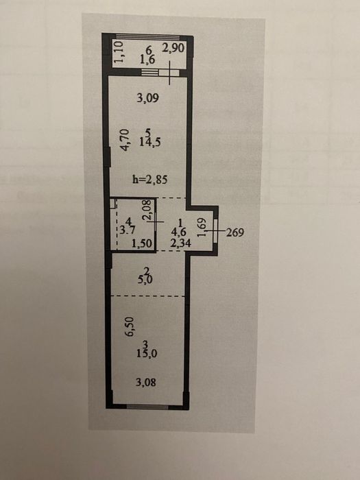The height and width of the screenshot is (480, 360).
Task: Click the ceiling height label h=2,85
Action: [150, 179]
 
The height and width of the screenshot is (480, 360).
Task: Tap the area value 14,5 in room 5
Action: [150, 142]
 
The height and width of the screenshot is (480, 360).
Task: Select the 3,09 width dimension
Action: [148, 98]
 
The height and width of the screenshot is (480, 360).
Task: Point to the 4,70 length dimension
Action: [125, 140]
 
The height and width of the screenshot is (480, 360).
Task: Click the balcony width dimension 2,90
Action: [173, 49]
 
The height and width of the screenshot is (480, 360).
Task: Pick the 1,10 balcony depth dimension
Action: [118, 52]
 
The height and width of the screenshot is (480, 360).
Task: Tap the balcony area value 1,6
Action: [147, 60]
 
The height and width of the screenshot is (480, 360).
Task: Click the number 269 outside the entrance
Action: [235, 232]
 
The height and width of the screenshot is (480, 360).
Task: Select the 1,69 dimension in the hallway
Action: [202, 227]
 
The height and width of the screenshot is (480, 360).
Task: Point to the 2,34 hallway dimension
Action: [180, 243]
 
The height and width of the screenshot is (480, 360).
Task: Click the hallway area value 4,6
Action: [179, 232]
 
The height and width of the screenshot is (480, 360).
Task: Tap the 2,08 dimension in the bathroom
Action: [148, 209]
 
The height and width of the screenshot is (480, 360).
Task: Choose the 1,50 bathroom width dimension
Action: [142, 243]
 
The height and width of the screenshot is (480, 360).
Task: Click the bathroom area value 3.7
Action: [126, 230]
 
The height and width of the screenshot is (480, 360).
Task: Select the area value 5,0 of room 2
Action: [145, 280]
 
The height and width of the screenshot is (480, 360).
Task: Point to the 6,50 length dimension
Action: [130, 326]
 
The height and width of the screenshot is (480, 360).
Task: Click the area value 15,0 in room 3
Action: [147, 354]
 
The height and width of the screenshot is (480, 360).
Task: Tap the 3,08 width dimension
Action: [146, 382]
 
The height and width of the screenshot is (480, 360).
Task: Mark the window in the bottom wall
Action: [147, 407]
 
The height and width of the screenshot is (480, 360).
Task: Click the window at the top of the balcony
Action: [147, 37]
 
